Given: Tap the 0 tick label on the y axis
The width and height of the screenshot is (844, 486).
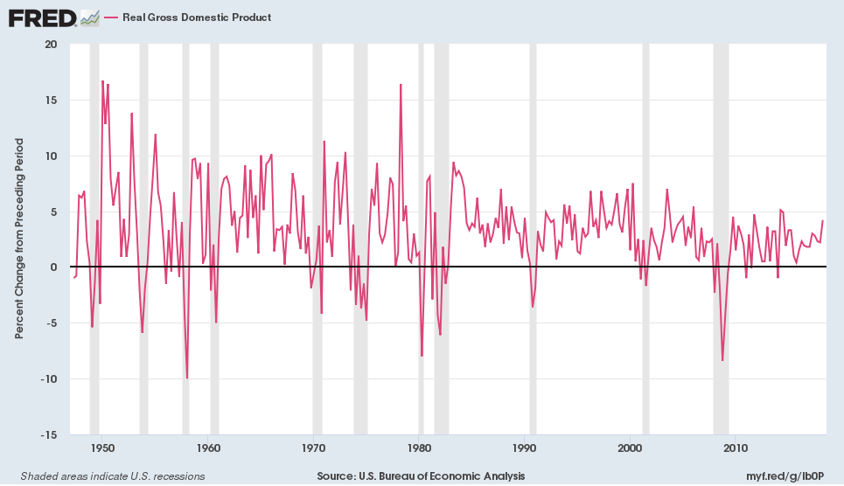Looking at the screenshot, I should (53, 267).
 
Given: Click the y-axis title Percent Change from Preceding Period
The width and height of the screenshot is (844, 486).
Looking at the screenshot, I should (19, 239).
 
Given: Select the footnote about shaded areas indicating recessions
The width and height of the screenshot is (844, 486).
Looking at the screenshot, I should (107, 476).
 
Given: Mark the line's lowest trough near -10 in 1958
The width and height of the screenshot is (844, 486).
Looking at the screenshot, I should (187, 378).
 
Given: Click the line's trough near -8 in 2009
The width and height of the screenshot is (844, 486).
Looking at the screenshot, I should (722, 360).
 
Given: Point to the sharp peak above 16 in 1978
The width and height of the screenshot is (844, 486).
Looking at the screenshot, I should (401, 85).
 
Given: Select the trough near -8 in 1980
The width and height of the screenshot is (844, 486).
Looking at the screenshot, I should (422, 356).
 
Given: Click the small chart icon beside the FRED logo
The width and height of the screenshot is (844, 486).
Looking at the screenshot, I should (89, 17).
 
